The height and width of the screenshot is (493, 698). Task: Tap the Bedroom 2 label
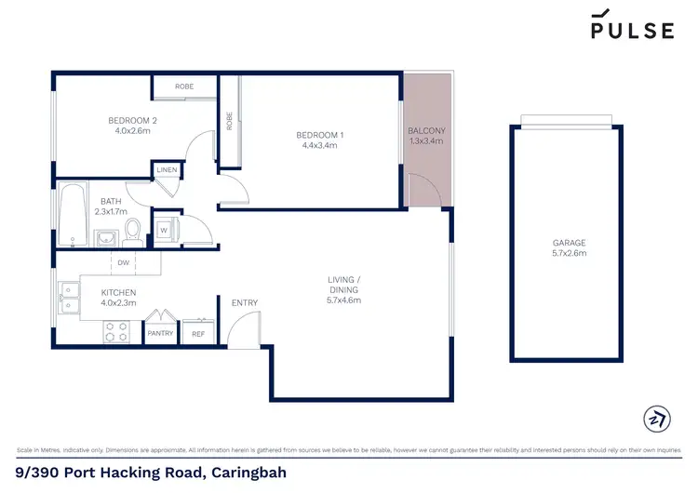131,120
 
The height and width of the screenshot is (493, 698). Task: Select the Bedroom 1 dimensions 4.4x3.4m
319,145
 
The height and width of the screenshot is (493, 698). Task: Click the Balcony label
427,130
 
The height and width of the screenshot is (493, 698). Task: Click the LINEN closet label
167,170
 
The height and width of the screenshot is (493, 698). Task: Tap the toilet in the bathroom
133,229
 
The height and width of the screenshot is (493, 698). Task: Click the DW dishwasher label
122,263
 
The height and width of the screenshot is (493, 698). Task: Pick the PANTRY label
160,333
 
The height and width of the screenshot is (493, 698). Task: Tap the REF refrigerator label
197,333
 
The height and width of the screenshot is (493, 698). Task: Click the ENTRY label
245,302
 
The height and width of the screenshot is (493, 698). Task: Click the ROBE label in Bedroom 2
184,86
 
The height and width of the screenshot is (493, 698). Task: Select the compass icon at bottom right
656,418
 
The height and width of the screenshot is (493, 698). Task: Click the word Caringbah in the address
245,473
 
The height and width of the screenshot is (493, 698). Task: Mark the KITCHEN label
118,292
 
